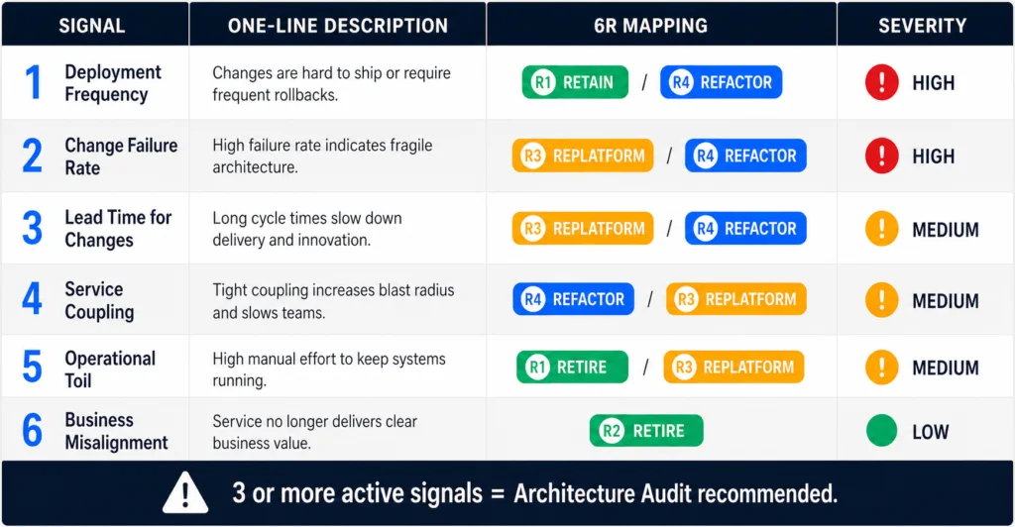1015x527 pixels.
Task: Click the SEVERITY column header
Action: click(x=922, y=25)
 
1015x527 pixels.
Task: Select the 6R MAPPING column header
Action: click(x=650, y=25)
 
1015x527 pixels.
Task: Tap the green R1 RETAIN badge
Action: click(x=575, y=82)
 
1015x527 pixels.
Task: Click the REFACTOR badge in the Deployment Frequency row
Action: click(x=722, y=82)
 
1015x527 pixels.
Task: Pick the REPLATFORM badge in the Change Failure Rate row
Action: click(x=583, y=156)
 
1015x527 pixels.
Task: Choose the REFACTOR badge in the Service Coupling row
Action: click(x=574, y=299)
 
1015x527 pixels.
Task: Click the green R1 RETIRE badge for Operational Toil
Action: click(x=572, y=367)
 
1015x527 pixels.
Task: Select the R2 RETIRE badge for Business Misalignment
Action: click(x=646, y=431)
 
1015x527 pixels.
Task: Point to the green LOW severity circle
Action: click(x=881, y=431)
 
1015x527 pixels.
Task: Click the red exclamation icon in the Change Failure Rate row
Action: click(x=881, y=156)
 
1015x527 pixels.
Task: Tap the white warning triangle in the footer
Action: click(x=185, y=492)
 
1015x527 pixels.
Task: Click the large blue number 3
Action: click(x=33, y=228)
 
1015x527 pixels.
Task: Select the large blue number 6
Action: click(x=33, y=431)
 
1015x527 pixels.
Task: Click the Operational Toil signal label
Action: click(x=110, y=369)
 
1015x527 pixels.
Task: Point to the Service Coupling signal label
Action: click(x=99, y=300)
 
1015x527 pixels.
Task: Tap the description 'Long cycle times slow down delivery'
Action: click(x=307, y=229)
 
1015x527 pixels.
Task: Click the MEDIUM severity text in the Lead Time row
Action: click(x=945, y=230)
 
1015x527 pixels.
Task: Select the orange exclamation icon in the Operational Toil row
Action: click(x=881, y=367)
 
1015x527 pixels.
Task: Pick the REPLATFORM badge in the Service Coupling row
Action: click(x=736, y=299)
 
